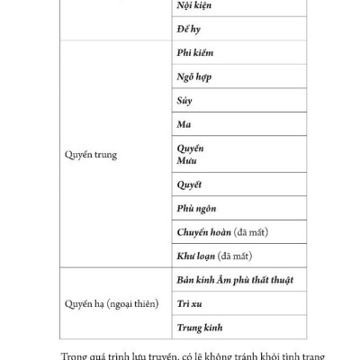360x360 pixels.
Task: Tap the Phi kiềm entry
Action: (x=194, y=53)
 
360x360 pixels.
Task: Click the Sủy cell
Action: (x=184, y=101)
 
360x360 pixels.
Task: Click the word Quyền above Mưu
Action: (x=191, y=148)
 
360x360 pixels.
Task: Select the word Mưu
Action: (x=188, y=159)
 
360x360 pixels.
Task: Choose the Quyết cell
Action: (x=189, y=184)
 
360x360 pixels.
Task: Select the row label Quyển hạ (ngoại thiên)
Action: (x=109, y=304)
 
